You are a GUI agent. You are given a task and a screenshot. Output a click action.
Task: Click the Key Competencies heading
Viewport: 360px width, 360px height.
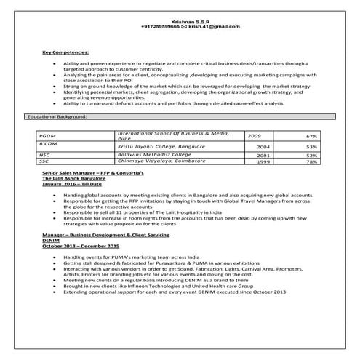(x=65, y=53)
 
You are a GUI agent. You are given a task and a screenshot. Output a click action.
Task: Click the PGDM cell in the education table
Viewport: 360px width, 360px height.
(x=49, y=136)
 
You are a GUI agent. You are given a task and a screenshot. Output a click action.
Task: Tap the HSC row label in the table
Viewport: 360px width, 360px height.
(x=45, y=155)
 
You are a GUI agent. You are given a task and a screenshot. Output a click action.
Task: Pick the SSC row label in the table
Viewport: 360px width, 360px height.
(x=45, y=161)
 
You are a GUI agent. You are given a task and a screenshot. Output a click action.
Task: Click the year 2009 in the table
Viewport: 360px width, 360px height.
(x=255, y=135)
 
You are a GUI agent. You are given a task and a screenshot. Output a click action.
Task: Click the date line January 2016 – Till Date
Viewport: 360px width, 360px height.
(x=71, y=185)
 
